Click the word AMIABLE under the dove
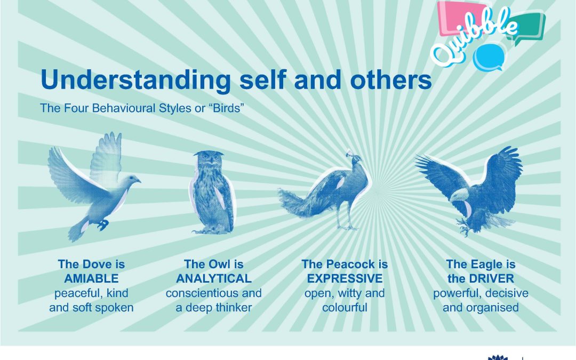click(91, 278)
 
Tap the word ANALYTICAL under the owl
click(214, 278)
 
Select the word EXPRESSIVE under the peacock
click(345, 278)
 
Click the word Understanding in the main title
click(135, 79)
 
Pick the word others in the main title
click(391, 79)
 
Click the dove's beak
click(138, 180)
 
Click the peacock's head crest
click(349, 152)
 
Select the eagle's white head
click(459, 195)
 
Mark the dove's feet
click(103, 225)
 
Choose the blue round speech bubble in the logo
click(488, 58)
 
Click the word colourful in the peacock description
click(345, 308)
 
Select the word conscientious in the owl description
click(197, 293)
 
